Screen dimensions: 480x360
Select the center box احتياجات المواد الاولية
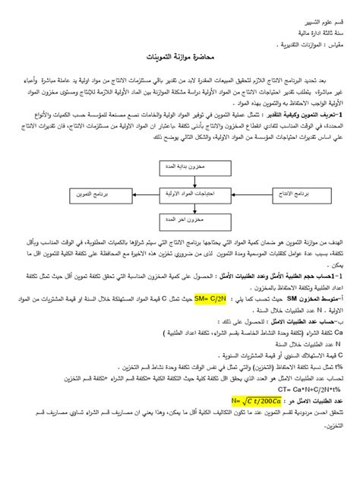pyautogui.click(x=188, y=194)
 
